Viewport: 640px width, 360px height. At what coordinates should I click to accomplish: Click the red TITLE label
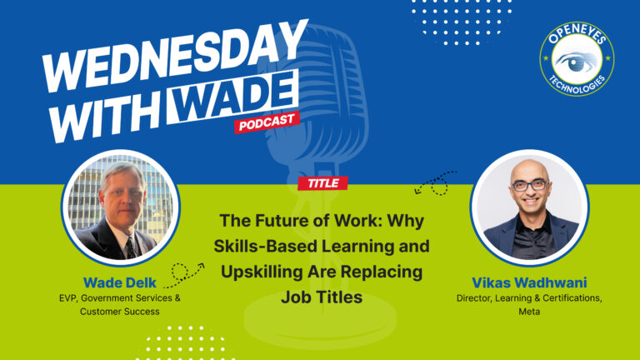pos(322,183)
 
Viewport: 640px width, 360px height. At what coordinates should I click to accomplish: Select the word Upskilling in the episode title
pos(262,272)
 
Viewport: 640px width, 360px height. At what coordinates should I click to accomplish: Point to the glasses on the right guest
pos(529,184)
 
